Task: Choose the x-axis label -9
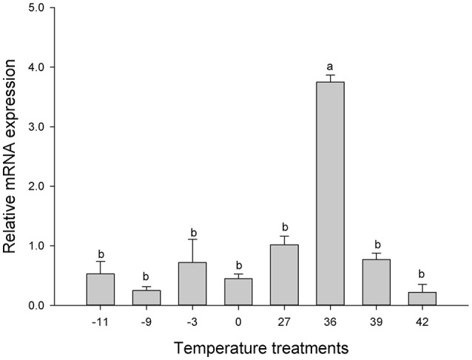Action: (x=146, y=322)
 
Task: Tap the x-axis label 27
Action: (x=285, y=322)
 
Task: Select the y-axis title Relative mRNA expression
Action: (x=11, y=157)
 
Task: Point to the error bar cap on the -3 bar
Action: (x=192, y=240)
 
